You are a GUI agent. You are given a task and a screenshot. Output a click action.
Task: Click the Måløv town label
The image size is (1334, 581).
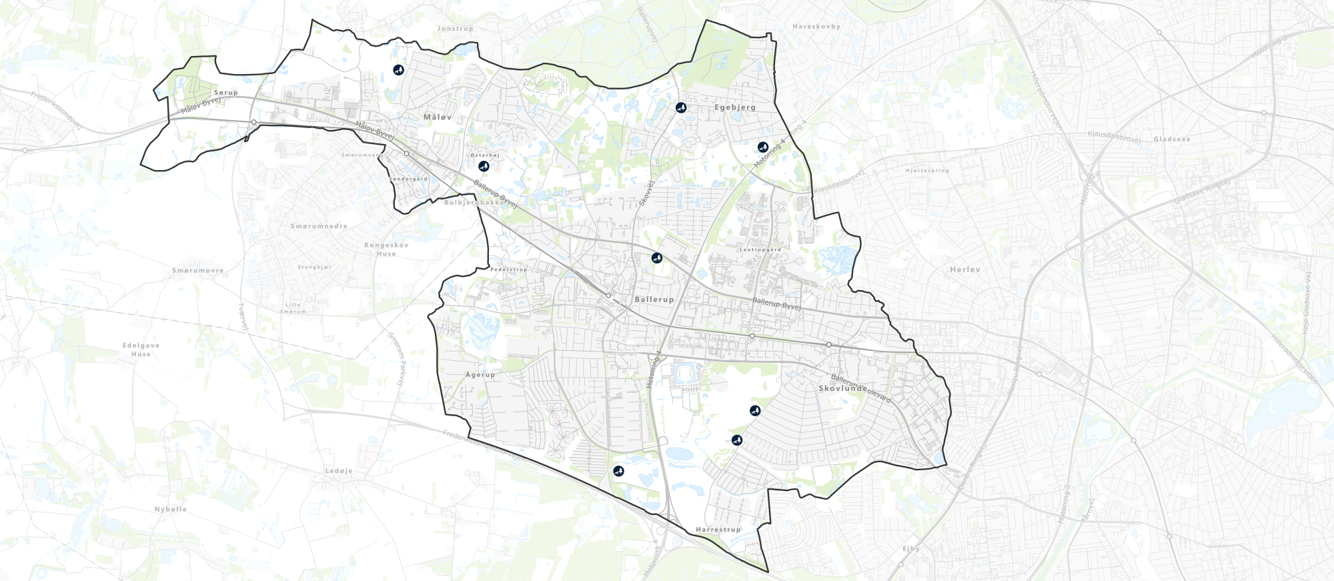tap(438, 117)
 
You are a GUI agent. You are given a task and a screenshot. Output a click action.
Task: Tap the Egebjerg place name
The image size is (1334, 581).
tap(735, 107)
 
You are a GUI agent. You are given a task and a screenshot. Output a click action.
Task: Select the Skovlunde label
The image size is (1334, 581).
tap(841, 388)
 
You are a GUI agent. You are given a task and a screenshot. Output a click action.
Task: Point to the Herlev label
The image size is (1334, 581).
tap(964, 269)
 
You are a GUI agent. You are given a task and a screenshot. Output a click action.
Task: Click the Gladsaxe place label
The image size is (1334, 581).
tap(1172, 139)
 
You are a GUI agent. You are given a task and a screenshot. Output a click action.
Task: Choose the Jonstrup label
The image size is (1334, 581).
tap(455, 29)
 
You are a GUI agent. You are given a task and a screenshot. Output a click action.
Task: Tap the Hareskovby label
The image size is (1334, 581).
tap(816, 27)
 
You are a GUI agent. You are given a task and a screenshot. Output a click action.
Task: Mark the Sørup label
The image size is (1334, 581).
tap(226, 93)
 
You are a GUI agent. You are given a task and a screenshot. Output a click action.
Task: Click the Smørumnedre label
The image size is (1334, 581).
tap(319, 227)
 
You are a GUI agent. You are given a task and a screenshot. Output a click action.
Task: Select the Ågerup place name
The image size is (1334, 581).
tap(480, 375)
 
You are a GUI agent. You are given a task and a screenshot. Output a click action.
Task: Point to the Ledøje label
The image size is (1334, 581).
tap(339, 471)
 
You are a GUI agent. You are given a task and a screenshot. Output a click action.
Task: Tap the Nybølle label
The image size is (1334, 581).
tap(171, 509)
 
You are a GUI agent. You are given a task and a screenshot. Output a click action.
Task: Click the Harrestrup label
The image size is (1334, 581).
tap(718, 530)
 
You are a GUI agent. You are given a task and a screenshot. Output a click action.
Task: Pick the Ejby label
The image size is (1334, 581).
tap(911, 549)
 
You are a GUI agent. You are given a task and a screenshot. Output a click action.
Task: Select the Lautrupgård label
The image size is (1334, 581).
tap(760, 250)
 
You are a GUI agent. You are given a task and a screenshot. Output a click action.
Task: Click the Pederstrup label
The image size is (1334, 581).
tap(508, 269)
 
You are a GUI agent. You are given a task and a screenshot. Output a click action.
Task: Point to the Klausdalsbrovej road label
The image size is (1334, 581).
tap(838, 181)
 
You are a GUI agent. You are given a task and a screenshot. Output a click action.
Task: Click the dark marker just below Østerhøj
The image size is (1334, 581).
tap(484, 166)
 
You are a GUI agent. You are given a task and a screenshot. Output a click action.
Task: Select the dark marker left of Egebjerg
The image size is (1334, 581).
tap(680, 107)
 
